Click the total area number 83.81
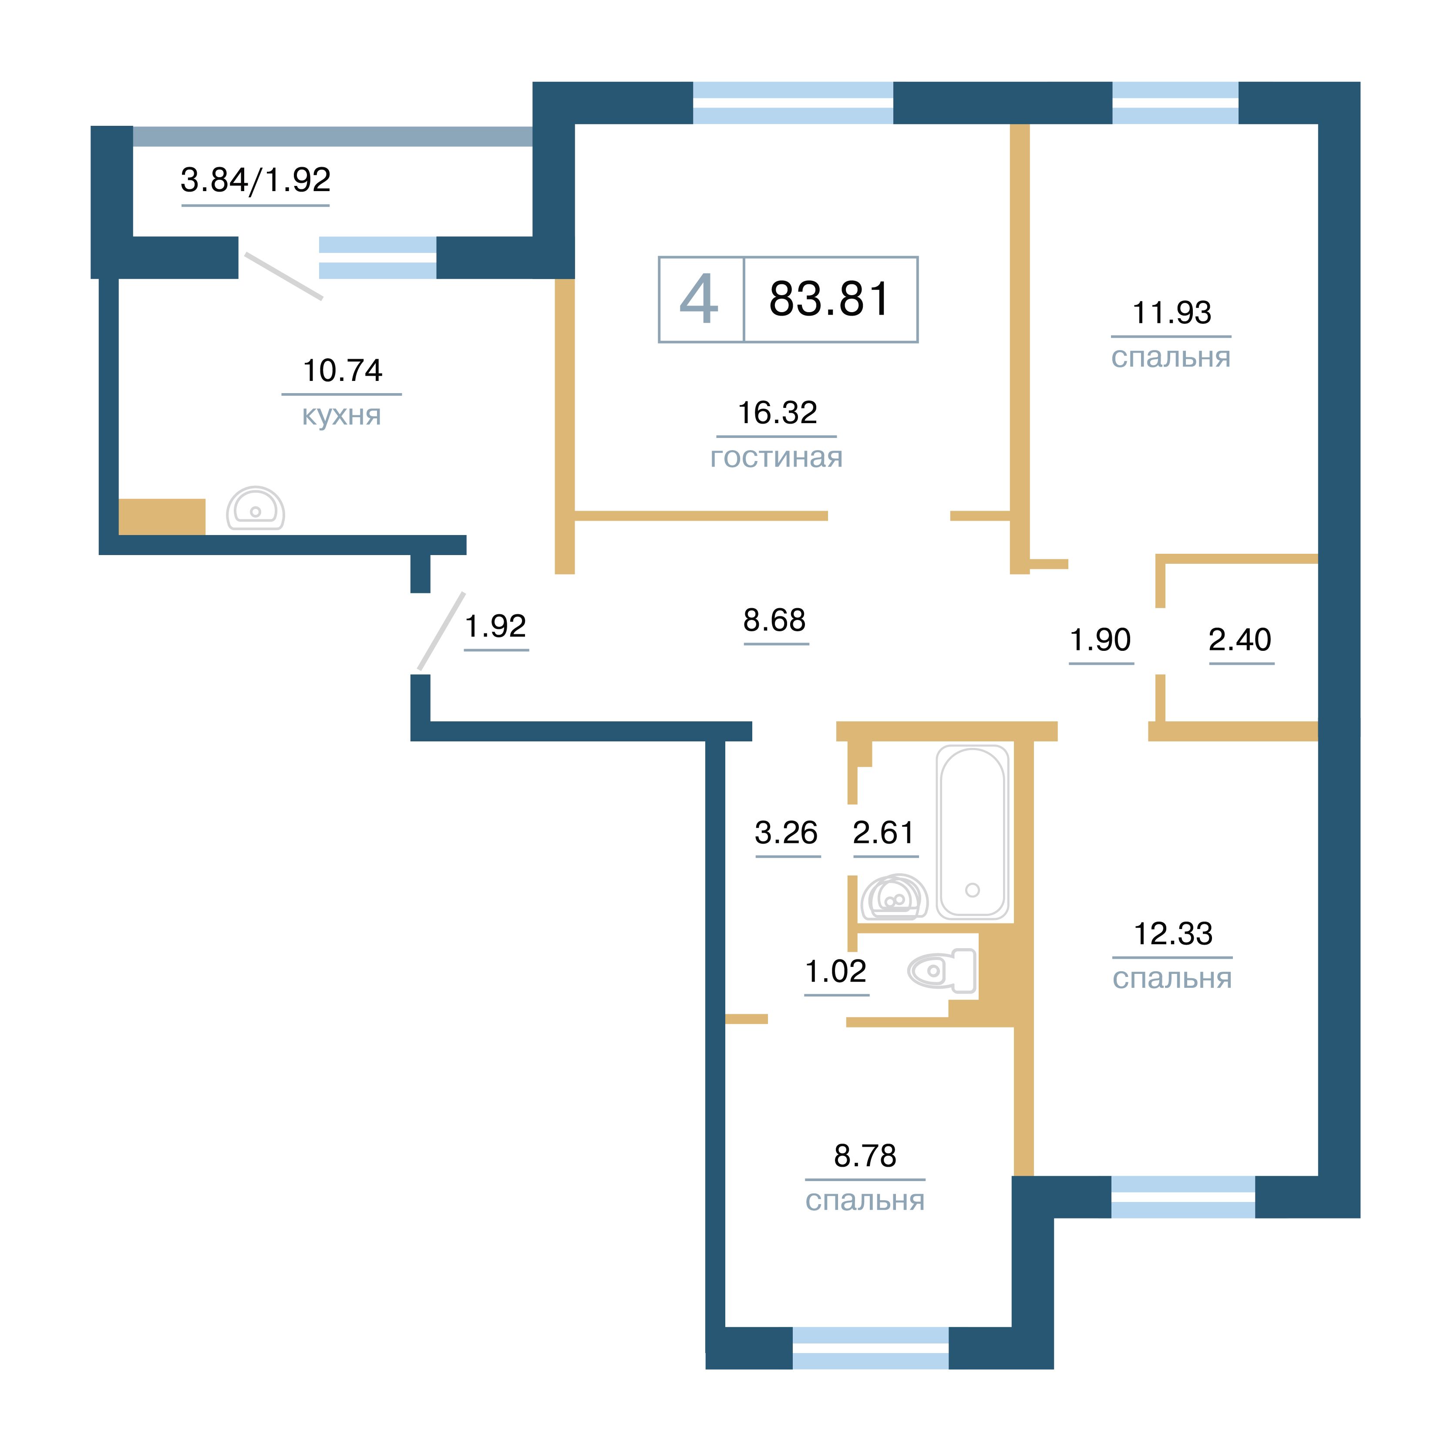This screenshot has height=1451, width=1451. coord(829,299)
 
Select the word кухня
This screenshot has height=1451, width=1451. coord(342,415)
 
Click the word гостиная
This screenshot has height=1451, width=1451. coord(777,458)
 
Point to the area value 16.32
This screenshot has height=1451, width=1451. coord(778,412)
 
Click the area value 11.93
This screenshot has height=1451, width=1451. coord(1172,313)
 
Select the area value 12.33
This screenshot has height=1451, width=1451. coord(1173,933)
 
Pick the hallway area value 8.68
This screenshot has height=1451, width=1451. coord(774,620)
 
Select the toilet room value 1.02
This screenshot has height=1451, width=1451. coord(836,971)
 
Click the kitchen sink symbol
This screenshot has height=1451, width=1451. coord(256,508)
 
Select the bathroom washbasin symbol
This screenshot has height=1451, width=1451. coord(894,898)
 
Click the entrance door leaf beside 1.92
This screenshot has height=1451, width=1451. coord(441,631)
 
